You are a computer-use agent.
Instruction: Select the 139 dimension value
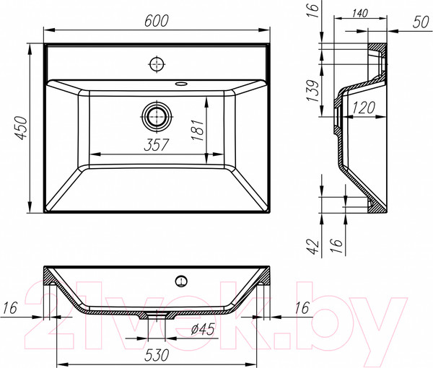pos(311,93)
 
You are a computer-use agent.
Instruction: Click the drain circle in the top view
pos(156,115)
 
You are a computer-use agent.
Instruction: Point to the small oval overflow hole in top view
pos(178,83)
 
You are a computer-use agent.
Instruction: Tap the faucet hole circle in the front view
pos(182,279)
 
